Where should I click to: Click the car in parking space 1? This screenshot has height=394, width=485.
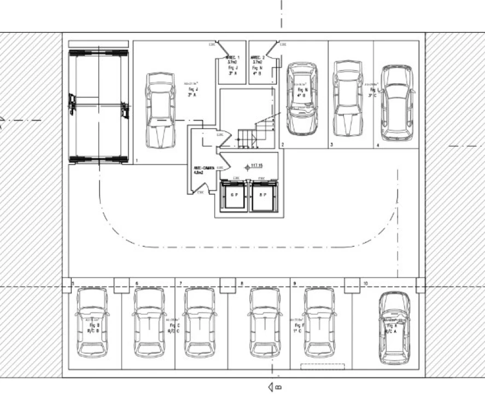160,110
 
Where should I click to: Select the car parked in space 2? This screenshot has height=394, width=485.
302,99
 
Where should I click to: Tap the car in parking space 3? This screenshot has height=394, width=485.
348,99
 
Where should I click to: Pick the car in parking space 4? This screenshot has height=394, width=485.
396,103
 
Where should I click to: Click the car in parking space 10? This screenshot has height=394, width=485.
394,328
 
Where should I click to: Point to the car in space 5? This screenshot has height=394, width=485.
92,322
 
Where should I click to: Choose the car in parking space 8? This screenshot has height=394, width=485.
265,322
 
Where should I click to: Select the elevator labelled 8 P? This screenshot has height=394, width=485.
263,195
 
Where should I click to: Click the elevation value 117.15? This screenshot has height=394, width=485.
256,165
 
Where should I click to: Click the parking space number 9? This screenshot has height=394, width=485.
295,283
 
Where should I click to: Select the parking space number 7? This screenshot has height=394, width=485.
180,283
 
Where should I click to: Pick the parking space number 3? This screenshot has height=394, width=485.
332,145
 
